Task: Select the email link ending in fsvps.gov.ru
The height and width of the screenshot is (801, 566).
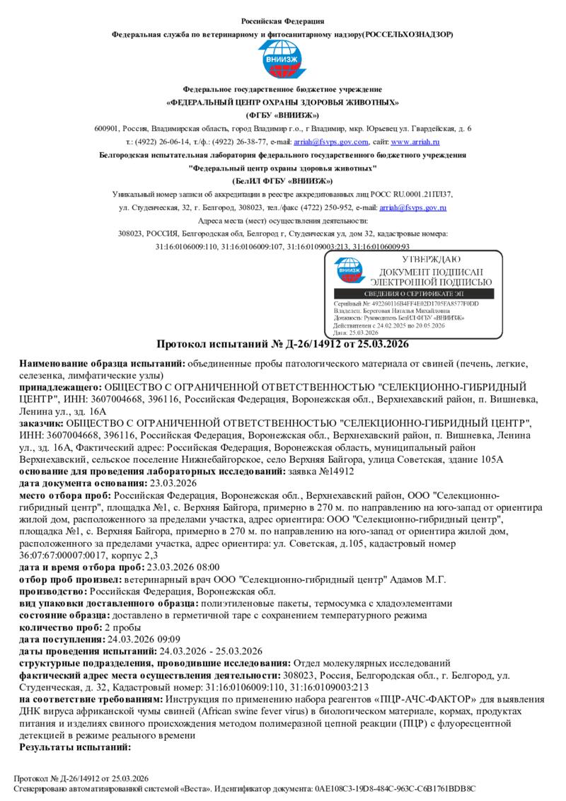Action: tap(412, 207)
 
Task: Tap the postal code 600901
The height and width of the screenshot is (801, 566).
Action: tap(106, 128)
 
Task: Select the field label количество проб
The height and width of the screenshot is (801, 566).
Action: tap(60, 627)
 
